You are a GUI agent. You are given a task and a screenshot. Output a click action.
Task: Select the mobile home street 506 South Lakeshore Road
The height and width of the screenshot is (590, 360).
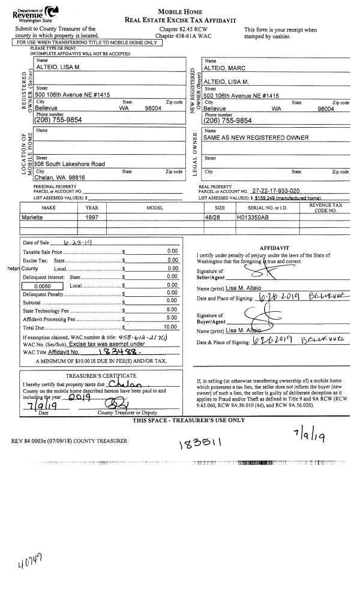pos(70,164)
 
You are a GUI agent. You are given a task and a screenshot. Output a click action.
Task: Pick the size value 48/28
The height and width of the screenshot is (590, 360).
pos(213,218)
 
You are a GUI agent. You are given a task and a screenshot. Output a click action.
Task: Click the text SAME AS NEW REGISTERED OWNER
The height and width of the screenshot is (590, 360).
pos(256,138)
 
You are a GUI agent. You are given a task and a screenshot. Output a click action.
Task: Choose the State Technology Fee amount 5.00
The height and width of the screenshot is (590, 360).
pos(172,310)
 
